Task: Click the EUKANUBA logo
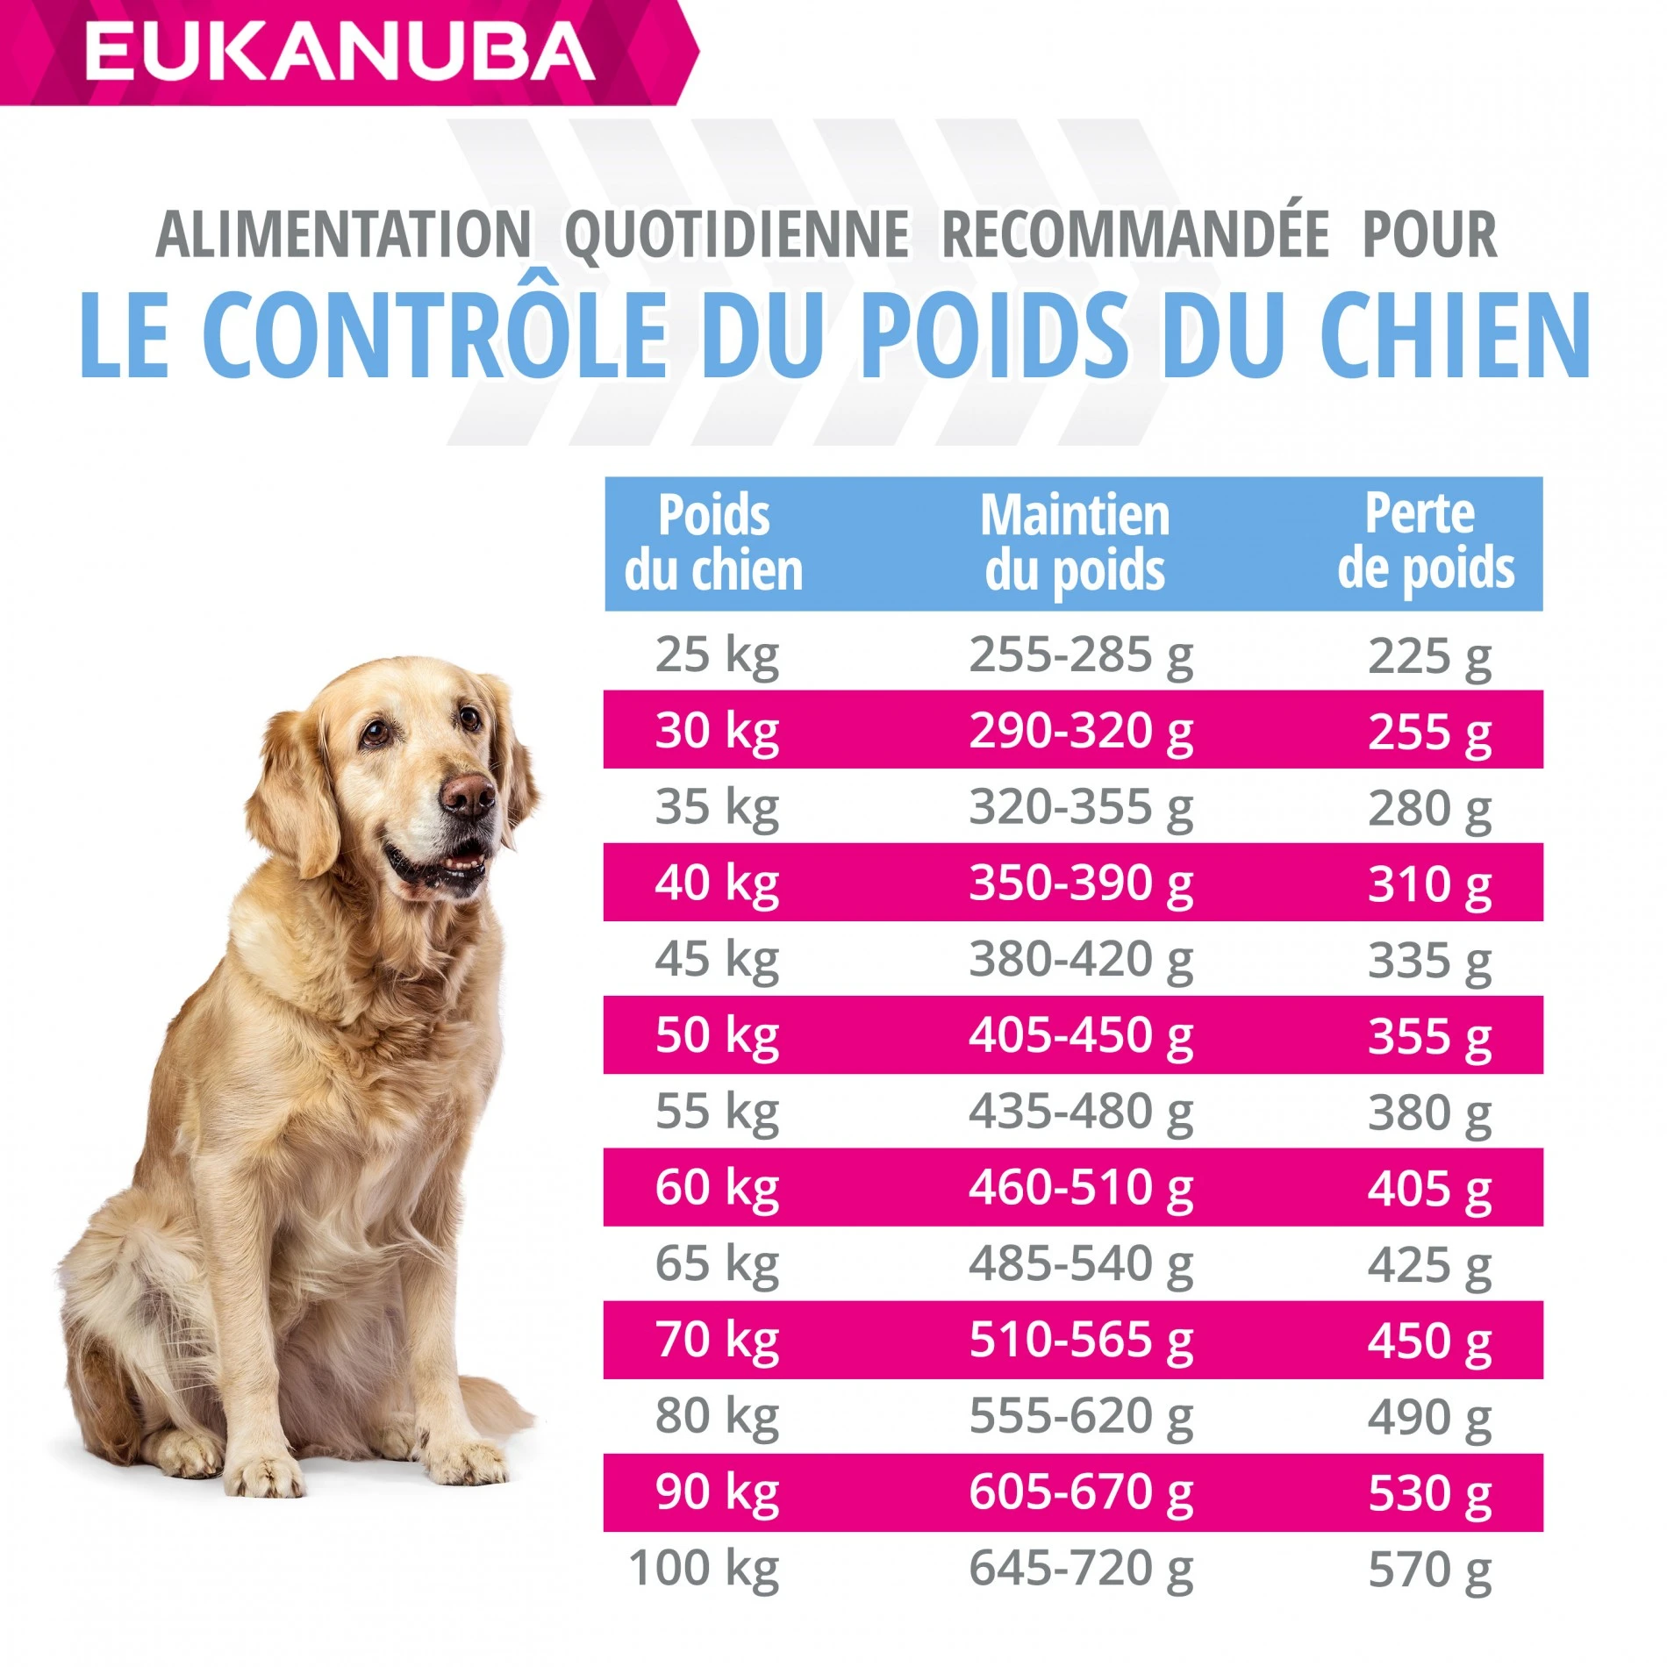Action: (340, 51)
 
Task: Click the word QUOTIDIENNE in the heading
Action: (737, 234)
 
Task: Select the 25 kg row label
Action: (717, 655)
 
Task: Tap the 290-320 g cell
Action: (1080, 730)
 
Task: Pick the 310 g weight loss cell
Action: (1428, 884)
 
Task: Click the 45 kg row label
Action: (717, 959)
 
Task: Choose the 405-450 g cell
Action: (1080, 1035)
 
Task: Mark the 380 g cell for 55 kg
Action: (1428, 1113)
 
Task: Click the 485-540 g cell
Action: (1080, 1264)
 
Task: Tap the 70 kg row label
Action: (717, 1341)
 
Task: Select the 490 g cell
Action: (1428, 1417)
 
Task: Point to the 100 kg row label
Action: (704, 1569)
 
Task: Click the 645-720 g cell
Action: (1080, 1569)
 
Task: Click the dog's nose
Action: (469, 794)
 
